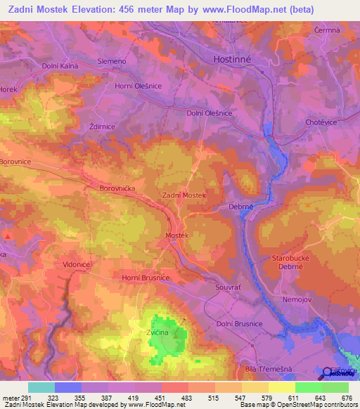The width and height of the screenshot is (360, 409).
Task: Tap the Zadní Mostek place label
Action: [x=183, y=195]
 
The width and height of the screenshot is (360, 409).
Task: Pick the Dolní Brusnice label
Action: [x=239, y=323]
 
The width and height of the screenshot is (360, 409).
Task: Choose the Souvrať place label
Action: [x=228, y=287]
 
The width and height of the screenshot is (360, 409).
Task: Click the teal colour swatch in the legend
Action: [x=41, y=387]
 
